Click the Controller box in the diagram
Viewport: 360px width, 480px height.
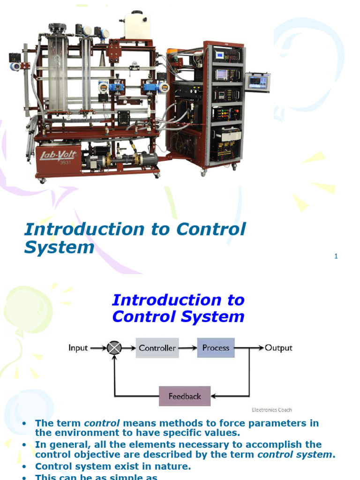[157, 348]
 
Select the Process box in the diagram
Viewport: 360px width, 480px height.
[216, 348]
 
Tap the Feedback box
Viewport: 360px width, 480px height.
[185, 396]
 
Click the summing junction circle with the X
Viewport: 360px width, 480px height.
[114, 348]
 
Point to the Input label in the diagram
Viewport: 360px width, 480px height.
[78, 348]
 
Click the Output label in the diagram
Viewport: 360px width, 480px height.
[278, 348]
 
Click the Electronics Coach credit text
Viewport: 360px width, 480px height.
[272, 410]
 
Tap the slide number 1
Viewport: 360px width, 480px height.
[336, 256]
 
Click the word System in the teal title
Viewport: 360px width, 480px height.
[59, 247]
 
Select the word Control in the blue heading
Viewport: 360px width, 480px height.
[140, 317]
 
